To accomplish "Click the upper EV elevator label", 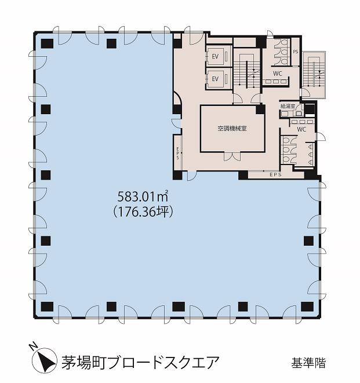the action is pos(215,56).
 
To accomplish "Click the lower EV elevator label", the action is pos(215,79).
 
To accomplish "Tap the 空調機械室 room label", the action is pos(232,129).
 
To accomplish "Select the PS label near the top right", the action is pos(296,52).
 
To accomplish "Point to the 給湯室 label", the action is pos(288,106).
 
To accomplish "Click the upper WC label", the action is pos(278,73).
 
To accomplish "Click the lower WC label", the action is pos(301,129).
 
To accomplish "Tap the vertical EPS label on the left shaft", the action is pos(177,152).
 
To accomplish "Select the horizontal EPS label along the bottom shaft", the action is pos(276,174).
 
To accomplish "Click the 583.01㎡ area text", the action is pos(143,196).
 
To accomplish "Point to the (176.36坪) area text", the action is pos(143,211).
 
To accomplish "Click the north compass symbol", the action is pos(44,360).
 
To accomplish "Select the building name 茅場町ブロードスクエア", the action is pos(140,363).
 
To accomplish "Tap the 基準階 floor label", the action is pos(308,363).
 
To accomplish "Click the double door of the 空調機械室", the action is pos(232,156).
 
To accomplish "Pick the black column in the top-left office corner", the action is pos(47,43).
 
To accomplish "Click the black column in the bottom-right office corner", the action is pos(307,307).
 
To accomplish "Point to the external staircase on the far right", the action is pos(314,75).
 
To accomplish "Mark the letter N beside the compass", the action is pos(32,346).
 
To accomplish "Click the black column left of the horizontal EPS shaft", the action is pos(243,175).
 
